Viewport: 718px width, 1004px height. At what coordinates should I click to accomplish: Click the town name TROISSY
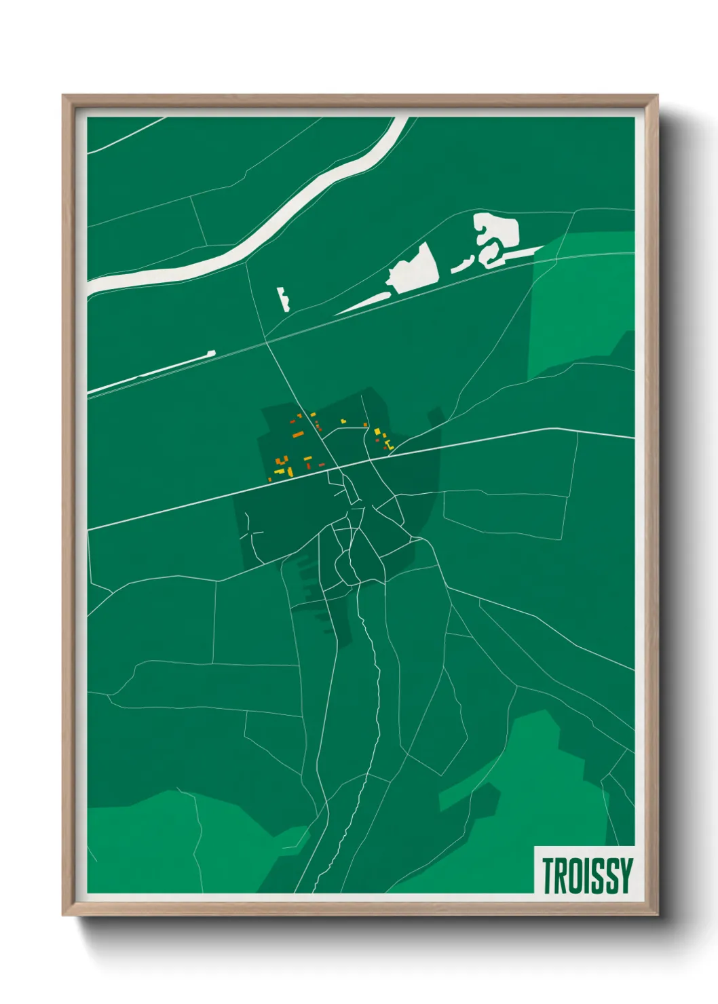coord(587,875)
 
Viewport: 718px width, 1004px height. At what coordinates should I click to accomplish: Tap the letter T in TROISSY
coord(548,875)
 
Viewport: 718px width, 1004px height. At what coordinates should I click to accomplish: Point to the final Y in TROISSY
coord(626,875)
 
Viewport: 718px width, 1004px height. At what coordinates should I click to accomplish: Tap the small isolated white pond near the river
coord(283,299)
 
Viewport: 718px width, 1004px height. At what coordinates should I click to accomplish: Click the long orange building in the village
coord(297,433)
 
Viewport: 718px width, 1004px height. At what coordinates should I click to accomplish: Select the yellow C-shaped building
coord(388,445)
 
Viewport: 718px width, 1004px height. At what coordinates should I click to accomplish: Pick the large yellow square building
coord(377,431)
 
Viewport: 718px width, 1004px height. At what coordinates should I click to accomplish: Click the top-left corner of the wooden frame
coord(64,97)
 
